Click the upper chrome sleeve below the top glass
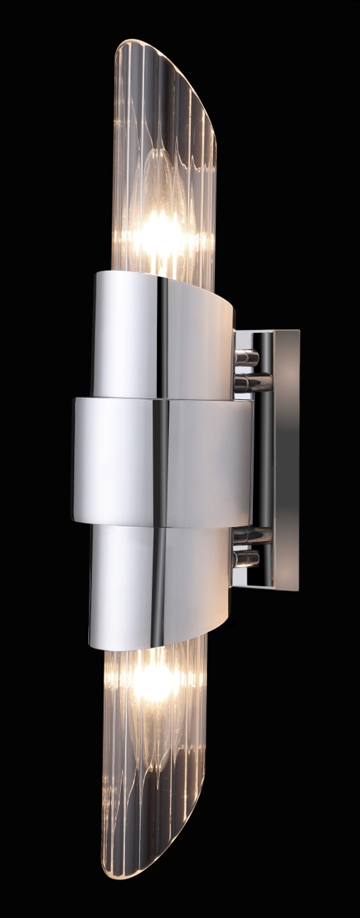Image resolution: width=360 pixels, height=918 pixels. tap(158, 335)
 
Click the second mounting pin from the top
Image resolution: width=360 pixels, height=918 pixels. tap(252, 382)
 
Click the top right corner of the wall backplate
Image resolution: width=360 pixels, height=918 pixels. tap(299, 330)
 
